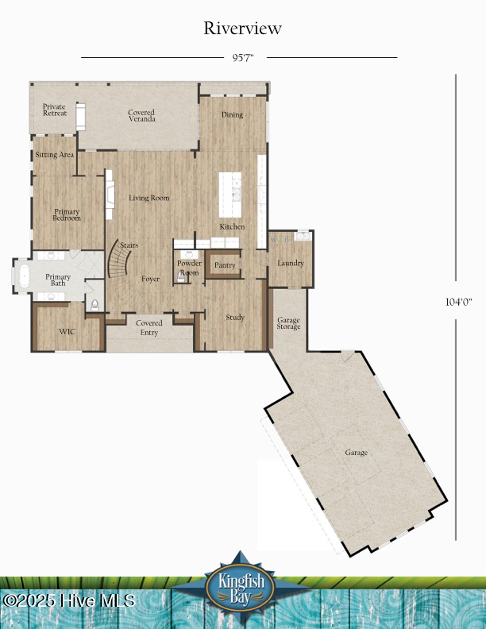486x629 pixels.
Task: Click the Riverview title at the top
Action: [242, 29]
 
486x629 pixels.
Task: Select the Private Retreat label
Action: [55, 110]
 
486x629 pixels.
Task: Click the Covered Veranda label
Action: [141, 115]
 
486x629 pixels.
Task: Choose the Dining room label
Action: [232, 115]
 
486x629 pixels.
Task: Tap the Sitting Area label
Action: [54, 154]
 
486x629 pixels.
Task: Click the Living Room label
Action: [149, 198]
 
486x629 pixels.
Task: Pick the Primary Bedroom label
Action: [67, 214]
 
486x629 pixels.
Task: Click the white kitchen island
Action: [231, 193]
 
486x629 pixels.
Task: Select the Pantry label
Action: [225, 265]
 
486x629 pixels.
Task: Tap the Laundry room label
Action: [290, 263]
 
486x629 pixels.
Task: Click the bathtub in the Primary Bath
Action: [22, 277]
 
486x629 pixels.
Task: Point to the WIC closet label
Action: [67, 331]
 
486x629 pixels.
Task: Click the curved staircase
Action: [119, 259]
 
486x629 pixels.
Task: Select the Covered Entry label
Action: [149, 327]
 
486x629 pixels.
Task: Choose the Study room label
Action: [234, 318]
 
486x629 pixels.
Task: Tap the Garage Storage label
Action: [288, 322]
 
